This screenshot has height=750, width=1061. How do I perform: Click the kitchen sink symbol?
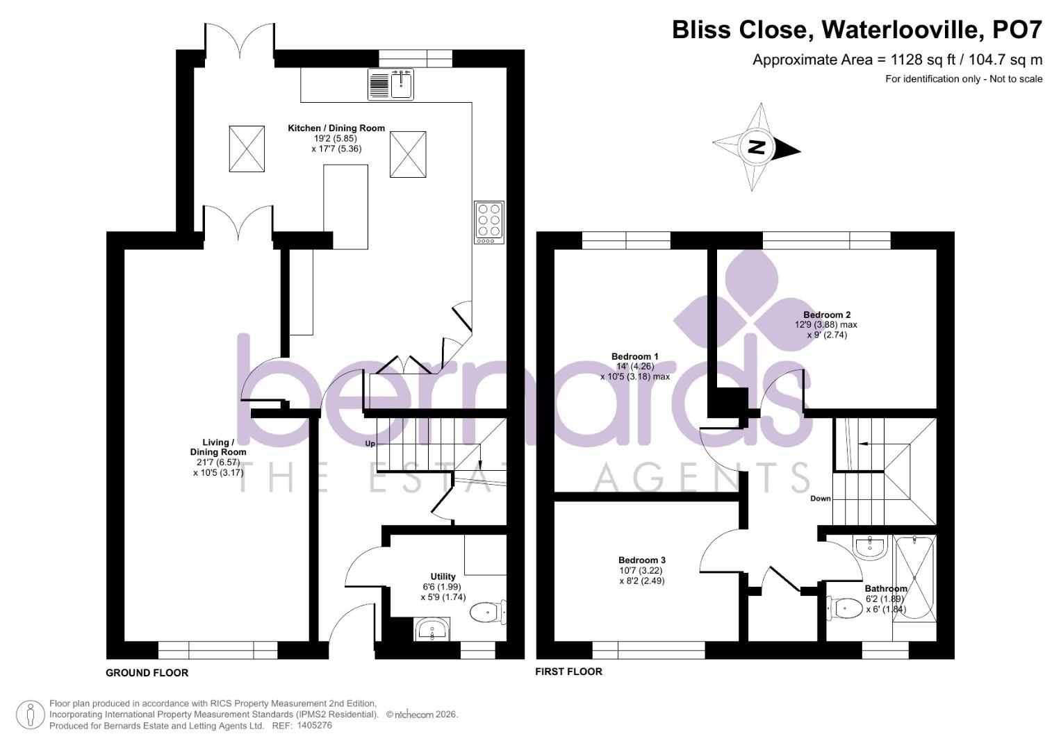[x=390, y=85]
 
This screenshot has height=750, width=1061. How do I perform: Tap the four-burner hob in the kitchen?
[x=488, y=222]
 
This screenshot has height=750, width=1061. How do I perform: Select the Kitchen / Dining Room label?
[x=336, y=128]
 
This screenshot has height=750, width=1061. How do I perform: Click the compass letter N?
[x=757, y=147]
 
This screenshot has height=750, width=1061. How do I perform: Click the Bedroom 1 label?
[x=634, y=356]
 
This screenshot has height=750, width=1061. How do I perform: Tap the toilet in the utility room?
[x=488, y=612]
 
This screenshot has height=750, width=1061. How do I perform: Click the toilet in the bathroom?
[x=841, y=608]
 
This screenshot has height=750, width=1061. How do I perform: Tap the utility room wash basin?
[x=433, y=631]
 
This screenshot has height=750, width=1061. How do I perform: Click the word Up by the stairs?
[x=370, y=443]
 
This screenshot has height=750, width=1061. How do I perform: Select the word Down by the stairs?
[x=820, y=499]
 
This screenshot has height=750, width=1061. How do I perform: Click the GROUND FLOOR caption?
[x=147, y=672]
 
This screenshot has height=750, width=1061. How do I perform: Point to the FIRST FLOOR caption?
[x=568, y=672]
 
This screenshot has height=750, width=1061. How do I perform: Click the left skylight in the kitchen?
[x=247, y=149]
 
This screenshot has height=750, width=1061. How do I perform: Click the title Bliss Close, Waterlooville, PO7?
[x=857, y=30]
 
